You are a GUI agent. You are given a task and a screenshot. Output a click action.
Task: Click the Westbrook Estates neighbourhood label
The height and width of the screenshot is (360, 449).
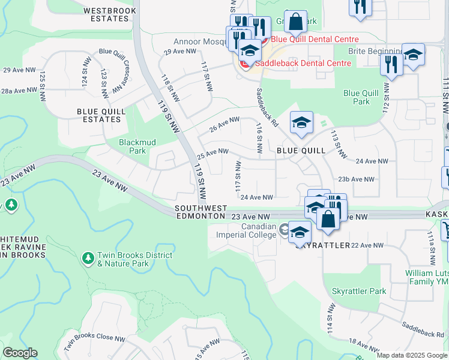(x=107, y=14)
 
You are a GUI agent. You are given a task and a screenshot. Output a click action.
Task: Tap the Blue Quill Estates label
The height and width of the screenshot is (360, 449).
(x=98, y=115)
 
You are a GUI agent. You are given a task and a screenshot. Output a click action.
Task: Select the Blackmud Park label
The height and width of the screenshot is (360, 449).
(x=133, y=146)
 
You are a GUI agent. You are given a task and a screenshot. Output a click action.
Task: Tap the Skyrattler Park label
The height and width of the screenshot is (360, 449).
(x=359, y=291)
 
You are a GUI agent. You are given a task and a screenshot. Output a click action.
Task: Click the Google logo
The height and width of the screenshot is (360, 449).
(x=20, y=353)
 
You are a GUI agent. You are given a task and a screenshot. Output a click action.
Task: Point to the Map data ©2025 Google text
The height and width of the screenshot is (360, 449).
(x=411, y=355)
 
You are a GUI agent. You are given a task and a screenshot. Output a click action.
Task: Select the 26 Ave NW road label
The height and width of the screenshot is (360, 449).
(x=224, y=122)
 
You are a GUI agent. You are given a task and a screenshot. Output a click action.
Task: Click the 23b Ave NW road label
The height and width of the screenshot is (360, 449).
(x=357, y=179)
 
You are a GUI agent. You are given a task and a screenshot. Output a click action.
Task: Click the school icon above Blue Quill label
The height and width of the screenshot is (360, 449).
(x=301, y=123)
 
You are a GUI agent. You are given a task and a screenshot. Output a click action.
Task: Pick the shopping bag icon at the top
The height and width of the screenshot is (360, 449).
(x=295, y=22)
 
